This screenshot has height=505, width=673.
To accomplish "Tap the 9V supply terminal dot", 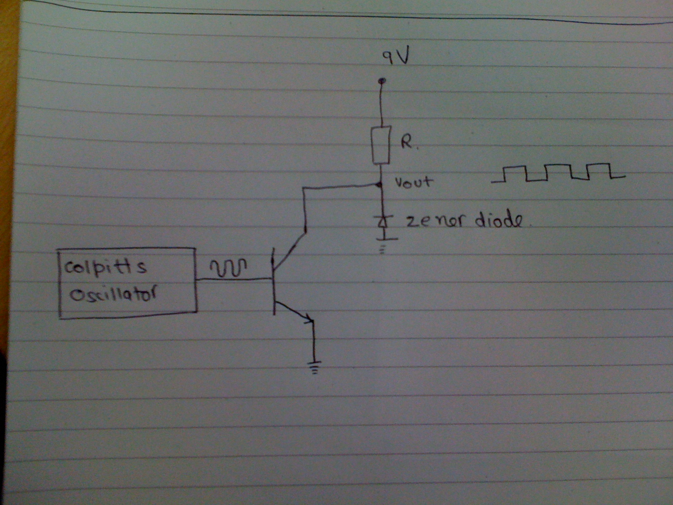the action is point(382,81).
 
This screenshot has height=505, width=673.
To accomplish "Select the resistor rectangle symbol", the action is point(381,145).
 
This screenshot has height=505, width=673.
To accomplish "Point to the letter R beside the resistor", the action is point(407,143).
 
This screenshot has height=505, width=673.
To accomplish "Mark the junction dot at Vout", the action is point(379,185).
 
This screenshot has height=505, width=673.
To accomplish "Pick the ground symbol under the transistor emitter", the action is point(314,368).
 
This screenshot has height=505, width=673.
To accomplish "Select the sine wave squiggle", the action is point(228,267).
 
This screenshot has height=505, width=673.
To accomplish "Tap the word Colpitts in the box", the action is point(105,267).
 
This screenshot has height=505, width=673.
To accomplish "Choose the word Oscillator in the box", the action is point(113,295).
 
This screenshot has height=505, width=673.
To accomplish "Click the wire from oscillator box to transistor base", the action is point(235,279).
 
